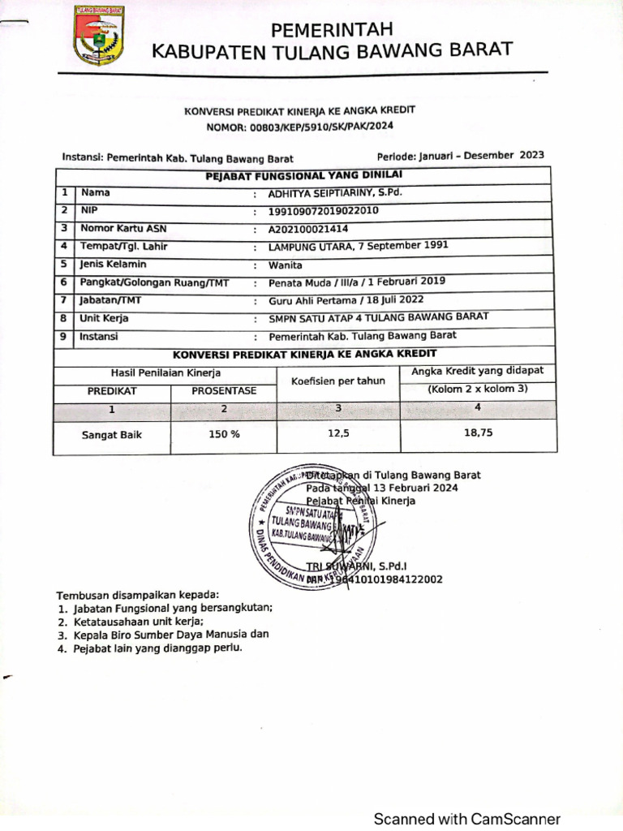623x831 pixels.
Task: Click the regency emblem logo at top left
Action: [99, 37]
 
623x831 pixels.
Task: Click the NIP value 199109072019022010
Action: [324, 211]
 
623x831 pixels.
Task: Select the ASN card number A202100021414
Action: [308, 229]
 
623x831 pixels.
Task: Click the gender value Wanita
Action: [286, 265]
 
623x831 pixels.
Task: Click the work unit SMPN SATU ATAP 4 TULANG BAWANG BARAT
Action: [379, 317]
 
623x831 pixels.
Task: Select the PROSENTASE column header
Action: [224, 391]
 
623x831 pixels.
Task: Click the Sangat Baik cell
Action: [112, 435]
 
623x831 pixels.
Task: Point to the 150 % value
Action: [224, 434]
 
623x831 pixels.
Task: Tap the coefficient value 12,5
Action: [338, 433]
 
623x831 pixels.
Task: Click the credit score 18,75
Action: [478, 433]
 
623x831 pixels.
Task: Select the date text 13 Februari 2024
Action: [415, 488]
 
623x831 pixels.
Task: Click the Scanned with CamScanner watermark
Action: [466, 819]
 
